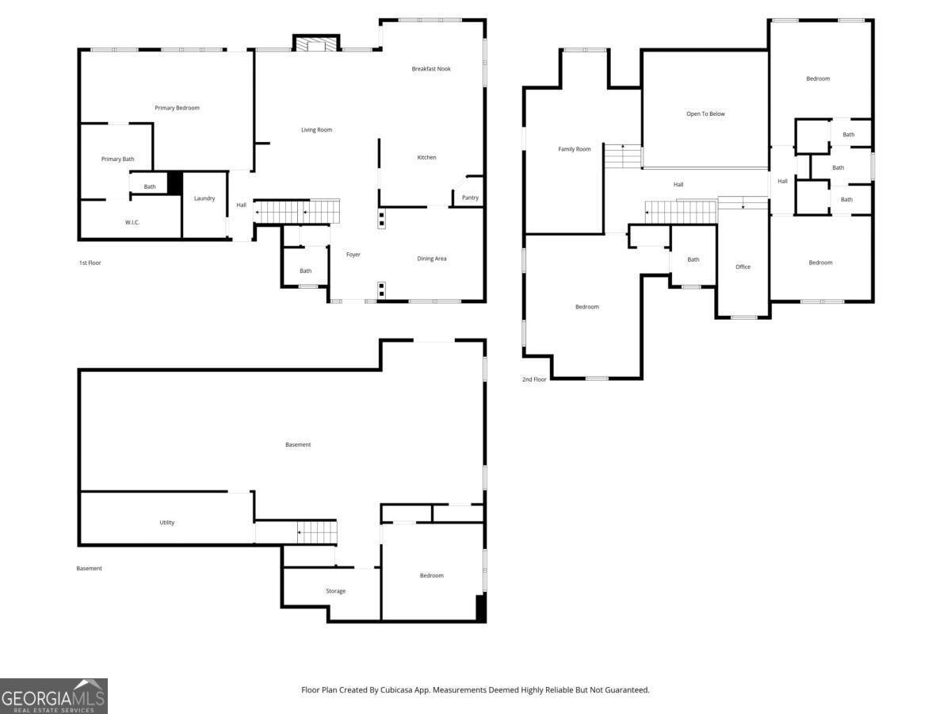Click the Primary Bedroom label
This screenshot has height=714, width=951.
177,108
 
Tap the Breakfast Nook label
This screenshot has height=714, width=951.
430,68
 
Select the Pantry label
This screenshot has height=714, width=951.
470,198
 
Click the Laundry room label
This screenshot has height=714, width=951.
204,198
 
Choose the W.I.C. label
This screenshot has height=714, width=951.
132,222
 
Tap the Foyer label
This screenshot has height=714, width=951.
353,255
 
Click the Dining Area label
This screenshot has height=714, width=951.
432,259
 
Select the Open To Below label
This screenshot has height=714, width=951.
705,113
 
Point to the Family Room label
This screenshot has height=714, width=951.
574,149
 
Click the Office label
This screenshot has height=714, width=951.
743,267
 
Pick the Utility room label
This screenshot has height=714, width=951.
166,522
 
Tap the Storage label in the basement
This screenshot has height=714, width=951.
336,591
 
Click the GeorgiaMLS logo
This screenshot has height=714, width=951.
54,696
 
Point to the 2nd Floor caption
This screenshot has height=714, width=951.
534,379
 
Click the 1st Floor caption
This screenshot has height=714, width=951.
90,263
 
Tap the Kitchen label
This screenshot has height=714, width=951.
426,157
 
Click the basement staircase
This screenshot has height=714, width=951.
317,532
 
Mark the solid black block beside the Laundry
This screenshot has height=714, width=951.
174,183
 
